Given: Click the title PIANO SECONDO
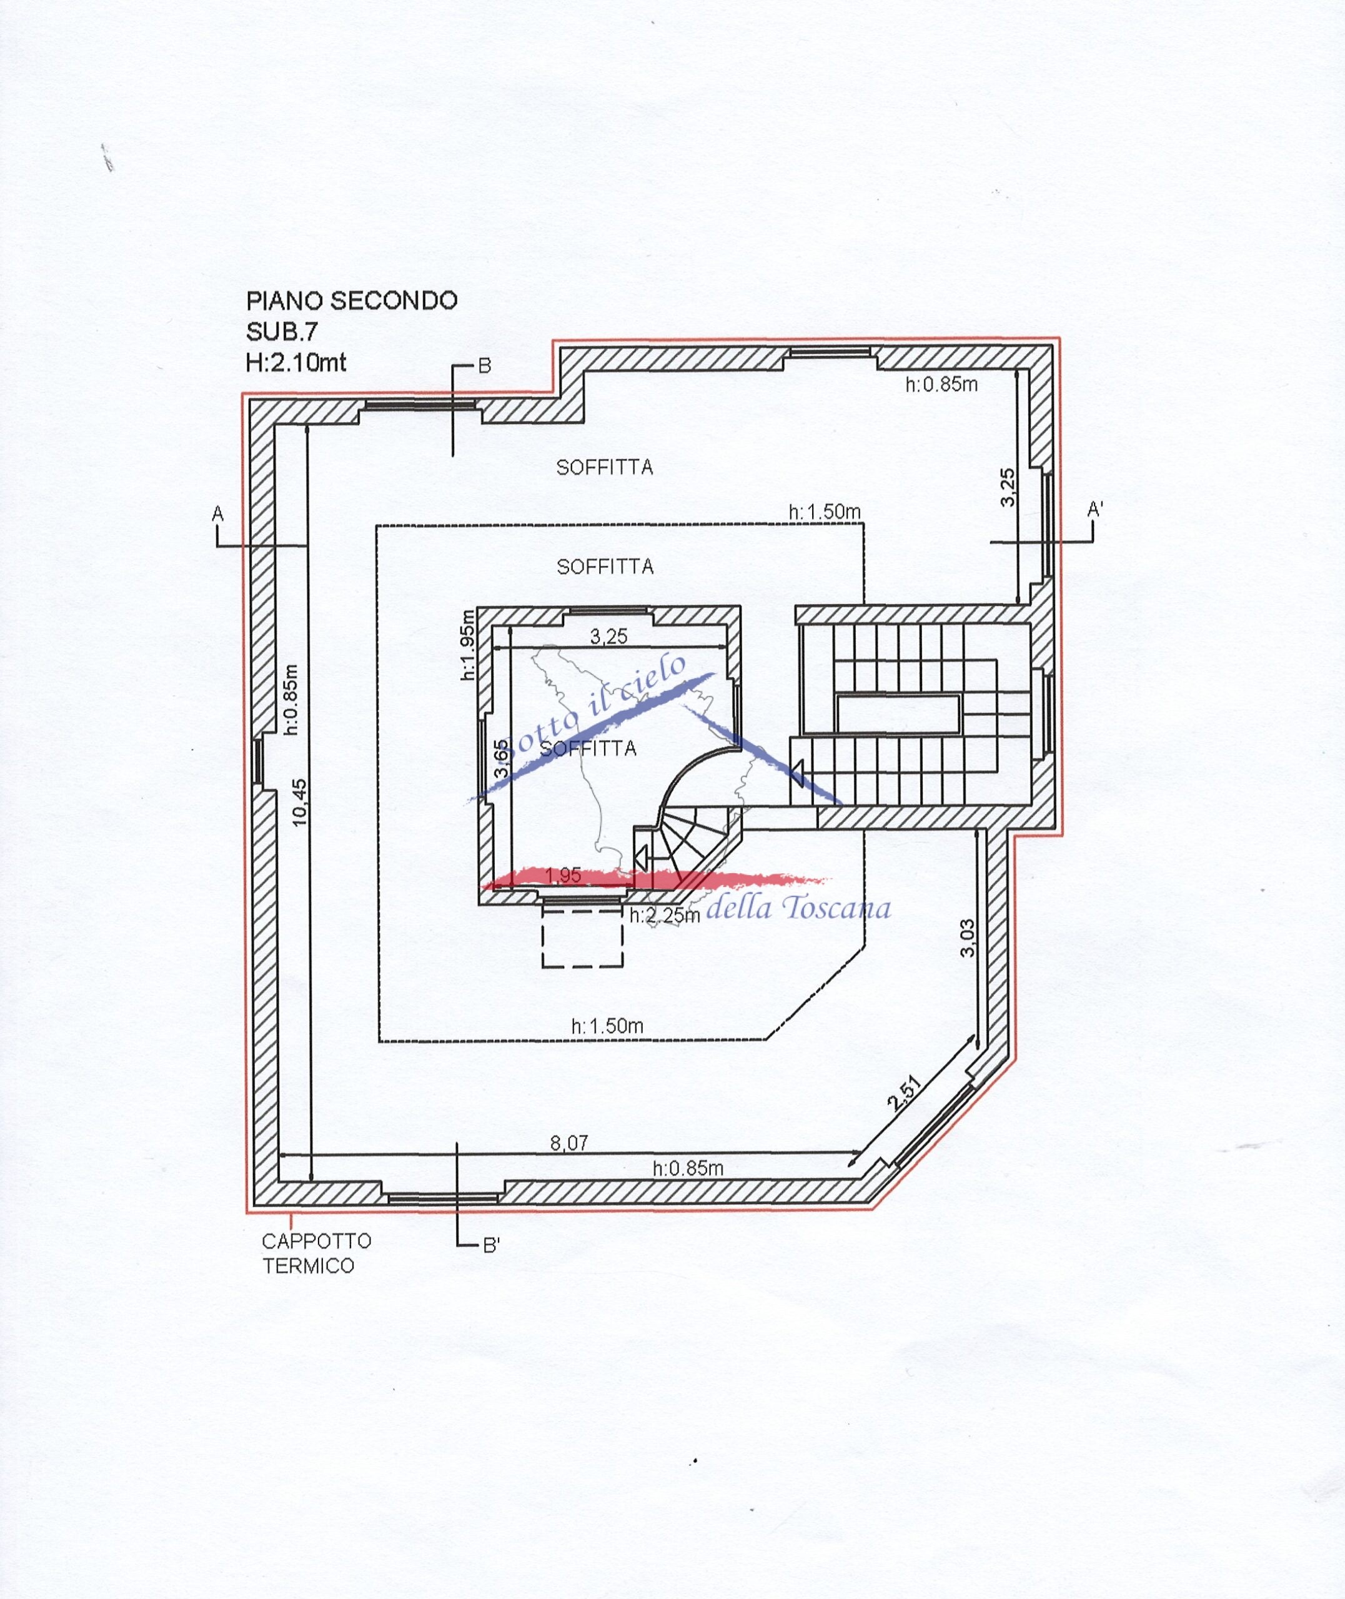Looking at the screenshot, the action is coord(352,301).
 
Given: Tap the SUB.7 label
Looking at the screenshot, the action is coord(281,332).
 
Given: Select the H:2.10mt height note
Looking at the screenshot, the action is coord(296,362).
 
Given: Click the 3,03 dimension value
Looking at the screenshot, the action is coord(968,938).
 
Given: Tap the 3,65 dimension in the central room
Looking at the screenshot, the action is coord(501,758).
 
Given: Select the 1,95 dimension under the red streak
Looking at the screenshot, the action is coord(565,876).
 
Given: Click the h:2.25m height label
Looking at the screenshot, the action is coord(665,915).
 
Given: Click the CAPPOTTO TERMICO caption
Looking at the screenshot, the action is coord(317,1254).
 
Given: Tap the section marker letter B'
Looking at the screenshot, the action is coord(491,1246).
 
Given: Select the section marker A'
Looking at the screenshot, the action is coord(1095,509).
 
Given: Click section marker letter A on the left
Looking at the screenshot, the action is coord(218,515).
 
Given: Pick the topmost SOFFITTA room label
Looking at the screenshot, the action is coord(605,468).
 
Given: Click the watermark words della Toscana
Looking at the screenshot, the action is coord(799,908).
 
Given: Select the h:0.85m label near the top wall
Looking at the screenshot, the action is coord(941,384).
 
